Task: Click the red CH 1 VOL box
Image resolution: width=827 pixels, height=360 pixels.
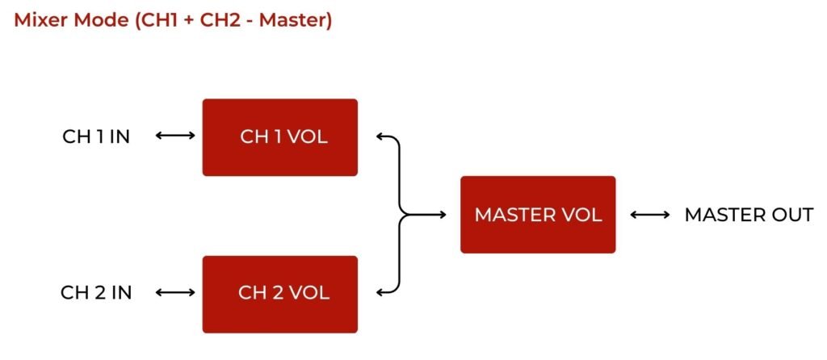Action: pos(279,137)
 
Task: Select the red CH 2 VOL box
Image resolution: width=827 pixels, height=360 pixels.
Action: pos(279,294)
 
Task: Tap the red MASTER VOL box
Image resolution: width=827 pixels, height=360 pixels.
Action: pos(538,215)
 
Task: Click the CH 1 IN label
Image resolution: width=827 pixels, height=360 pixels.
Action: pos(96,136)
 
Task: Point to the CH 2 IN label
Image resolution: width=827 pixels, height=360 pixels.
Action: pos(96,292)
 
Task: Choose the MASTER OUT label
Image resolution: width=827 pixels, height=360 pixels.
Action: pos(749,215)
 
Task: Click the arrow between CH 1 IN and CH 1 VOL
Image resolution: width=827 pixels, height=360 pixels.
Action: pos(174,136)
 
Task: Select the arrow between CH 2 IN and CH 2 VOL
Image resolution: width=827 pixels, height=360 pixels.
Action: pos(174,292)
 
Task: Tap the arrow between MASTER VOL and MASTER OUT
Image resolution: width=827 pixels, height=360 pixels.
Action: pos(649,215)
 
